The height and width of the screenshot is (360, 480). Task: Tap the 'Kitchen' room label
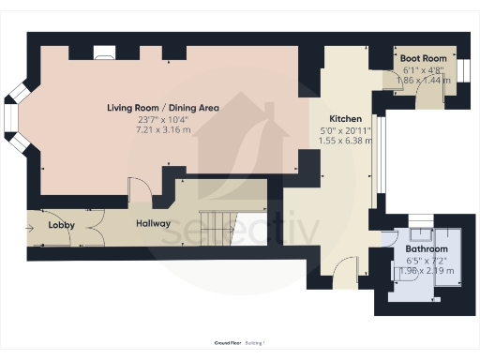pyautogui.click(x=345, y=118)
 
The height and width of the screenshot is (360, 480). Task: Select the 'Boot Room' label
pyautogui.click(x=423, y=58)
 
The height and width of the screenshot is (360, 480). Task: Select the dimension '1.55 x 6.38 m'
pyautogui.click(x=345, y=141)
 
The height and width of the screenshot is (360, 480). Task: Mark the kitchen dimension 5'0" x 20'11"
pyautogui.click(x=345, y=129)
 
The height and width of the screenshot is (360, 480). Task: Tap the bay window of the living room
pyautogui.click(x=13, y=119)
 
